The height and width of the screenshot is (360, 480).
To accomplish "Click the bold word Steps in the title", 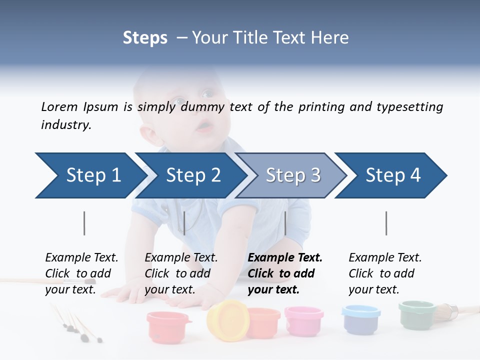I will pyautogui.click(x=145, y=38).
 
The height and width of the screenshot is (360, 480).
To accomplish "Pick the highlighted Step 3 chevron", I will pyautogui.click(x=293, y=175).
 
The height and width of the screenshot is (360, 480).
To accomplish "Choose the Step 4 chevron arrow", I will pyautogui.click(x=393, y=175).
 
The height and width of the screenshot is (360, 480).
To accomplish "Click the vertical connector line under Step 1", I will pyautogui.click(x=84, y=223).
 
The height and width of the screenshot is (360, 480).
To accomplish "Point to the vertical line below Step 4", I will pyautogui.click(x=386, y=223).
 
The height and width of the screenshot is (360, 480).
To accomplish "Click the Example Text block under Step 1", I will pyautogui.click(x=81, y=273).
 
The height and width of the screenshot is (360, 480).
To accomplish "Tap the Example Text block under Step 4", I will pyautogui.click(x=385, y=273).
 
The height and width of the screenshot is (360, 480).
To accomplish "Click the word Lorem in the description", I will pyautogui.click(x=59, y=107).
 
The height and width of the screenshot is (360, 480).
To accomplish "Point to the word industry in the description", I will pyautogui.click(x=66, y=125).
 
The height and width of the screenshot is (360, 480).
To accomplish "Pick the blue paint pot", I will pyautogui.click(x=361, y=320).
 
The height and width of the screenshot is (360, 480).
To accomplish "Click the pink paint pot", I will pyautogui.click(x=304, y=320).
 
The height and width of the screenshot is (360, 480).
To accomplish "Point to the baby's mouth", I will pyautogui.click(x=204, y=127).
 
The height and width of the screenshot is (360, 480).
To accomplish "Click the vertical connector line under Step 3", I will pyautogui.click(x=285, y=223).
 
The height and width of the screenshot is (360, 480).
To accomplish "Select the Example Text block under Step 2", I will pyautogui.click(x=181, y=273).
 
